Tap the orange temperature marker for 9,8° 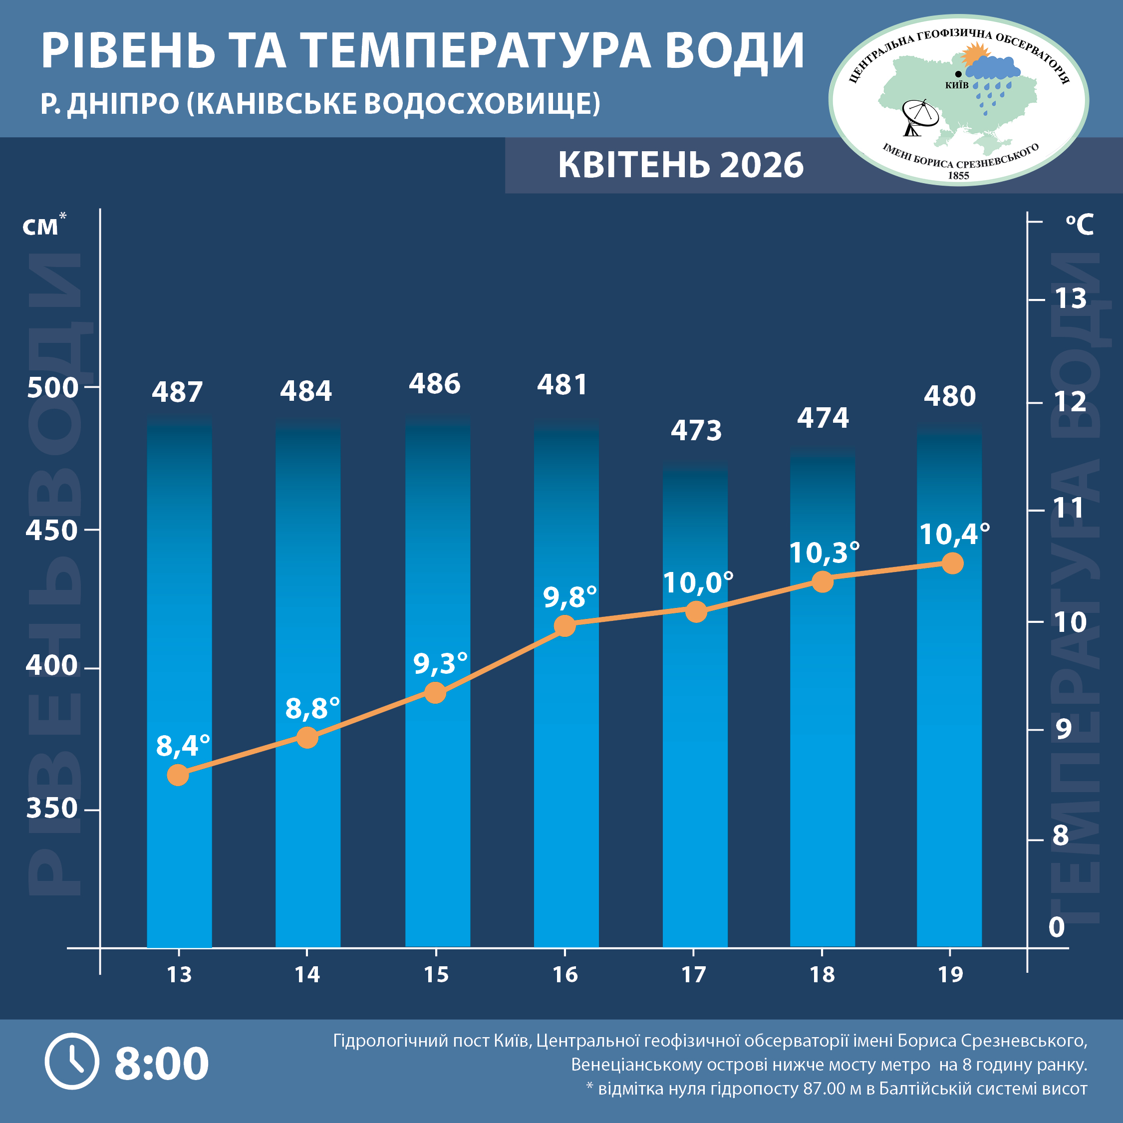click(x=564, y=626)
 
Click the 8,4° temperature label click(x=183, y=746)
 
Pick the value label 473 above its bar click(x=696, y=431)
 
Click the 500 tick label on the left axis click(x=52, y=388)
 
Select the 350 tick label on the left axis click(x=52, y=808)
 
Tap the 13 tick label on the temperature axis click(x=1070, y=299)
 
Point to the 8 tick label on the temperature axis click(x=1061, y=836)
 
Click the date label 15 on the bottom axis click(x=436, y=975)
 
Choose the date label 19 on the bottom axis click(x=950, y=975)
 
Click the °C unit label click(x=1080, y=225)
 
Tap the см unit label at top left click(x=41, y=226)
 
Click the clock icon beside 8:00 click(x=72, y=1062)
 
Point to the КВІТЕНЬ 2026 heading click(x=681, y=165)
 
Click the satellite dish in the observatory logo click(x=919, y=116)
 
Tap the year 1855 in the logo click(x=958, y=176)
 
